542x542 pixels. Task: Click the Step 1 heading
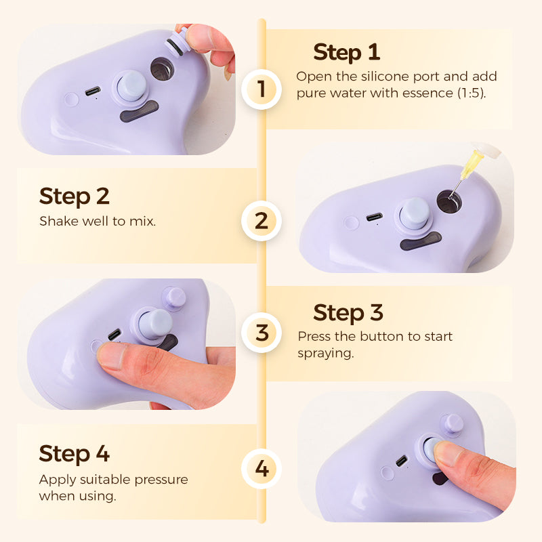347,53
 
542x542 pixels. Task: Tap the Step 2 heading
75,196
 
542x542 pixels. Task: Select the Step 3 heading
348,313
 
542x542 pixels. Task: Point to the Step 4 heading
75,453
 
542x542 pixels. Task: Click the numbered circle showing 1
262,89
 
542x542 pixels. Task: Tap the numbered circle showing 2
262,221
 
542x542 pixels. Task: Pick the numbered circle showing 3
262,333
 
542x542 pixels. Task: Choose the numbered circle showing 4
262,469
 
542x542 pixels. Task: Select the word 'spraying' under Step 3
325,354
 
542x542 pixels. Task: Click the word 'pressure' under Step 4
161,480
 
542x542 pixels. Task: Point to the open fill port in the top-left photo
162,69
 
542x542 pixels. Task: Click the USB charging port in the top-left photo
93,91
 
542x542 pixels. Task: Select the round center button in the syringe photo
414,213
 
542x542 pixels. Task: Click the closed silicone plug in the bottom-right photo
453,425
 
